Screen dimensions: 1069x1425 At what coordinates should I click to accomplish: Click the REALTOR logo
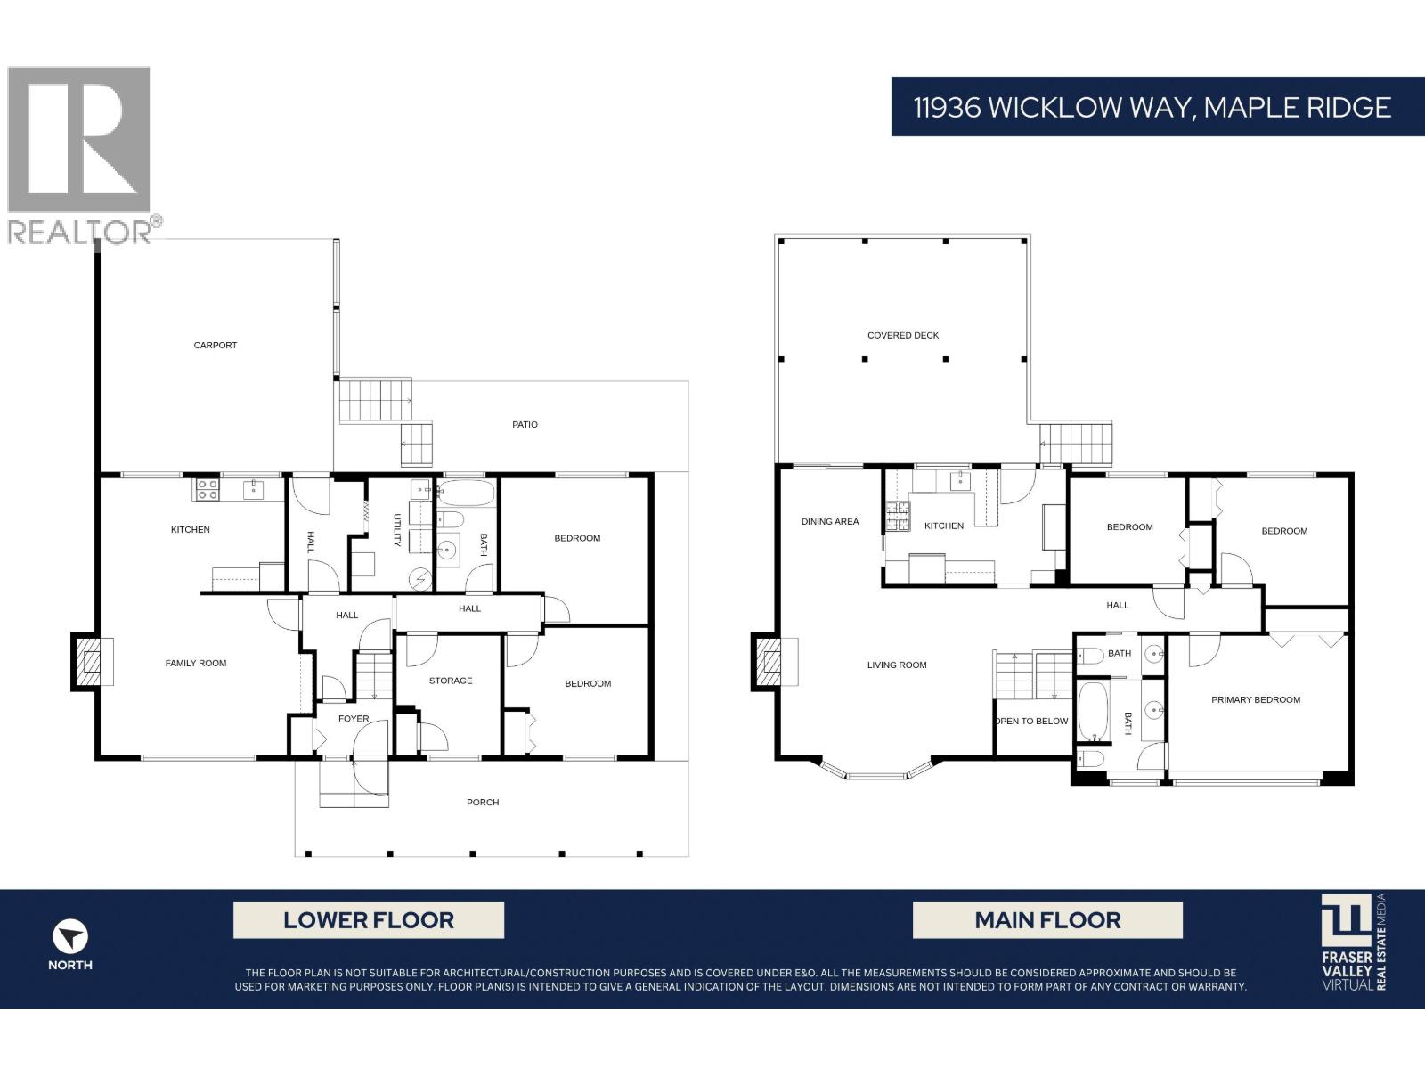click(85, 153)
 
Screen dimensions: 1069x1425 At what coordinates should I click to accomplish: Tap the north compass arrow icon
click(69, 937)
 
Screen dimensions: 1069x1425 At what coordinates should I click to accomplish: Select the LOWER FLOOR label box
click(368, 920)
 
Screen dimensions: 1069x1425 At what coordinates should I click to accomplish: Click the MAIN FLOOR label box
click(1047, 920)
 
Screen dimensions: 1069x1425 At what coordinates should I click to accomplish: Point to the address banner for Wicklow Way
click(1152, 107)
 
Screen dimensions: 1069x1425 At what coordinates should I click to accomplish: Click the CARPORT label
click(216, 346)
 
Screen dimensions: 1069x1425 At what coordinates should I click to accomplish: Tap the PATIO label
click(525, 425)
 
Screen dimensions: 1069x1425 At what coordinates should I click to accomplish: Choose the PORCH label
click(483, 803)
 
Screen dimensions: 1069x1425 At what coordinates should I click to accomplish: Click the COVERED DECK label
click(903, 336)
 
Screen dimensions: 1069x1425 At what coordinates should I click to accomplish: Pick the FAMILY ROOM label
click(196, 664)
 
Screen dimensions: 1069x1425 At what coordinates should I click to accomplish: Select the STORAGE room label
click(451, 681)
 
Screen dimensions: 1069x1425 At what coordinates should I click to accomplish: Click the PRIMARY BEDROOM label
click(1255, 700)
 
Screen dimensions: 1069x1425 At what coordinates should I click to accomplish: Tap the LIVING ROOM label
click(897, 665)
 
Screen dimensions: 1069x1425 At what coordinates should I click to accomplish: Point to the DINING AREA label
click(830, 522)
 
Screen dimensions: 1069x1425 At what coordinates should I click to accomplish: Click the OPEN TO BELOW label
click(1032, 722)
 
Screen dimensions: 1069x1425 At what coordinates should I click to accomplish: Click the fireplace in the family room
click(89, 662)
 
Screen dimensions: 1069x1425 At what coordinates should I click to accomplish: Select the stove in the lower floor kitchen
click(208, 489)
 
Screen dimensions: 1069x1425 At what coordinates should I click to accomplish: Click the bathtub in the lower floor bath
click(466, 493)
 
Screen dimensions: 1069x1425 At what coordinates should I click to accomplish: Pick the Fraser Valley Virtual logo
click(1353, 943)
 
